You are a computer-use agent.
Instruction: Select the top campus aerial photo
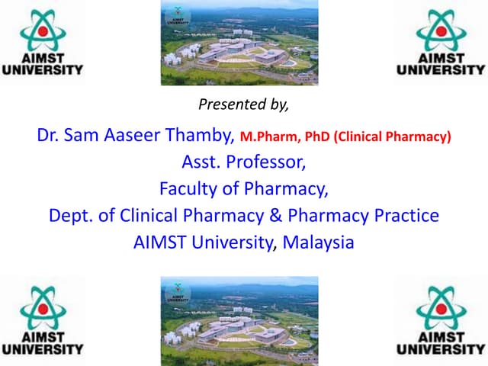(x=239, y=43)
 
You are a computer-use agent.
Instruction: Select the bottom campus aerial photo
(x=239, y=320)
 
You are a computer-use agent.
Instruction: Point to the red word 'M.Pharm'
(x=265, y=138)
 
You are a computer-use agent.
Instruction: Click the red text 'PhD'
(x=318, y=138)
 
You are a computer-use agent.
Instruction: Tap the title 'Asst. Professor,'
(x=243, y=162)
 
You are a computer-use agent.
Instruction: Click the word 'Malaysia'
(x=319, y=242)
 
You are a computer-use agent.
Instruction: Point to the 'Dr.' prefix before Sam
(x=48, y=136)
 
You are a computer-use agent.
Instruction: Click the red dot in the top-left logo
(x=43, y=31)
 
